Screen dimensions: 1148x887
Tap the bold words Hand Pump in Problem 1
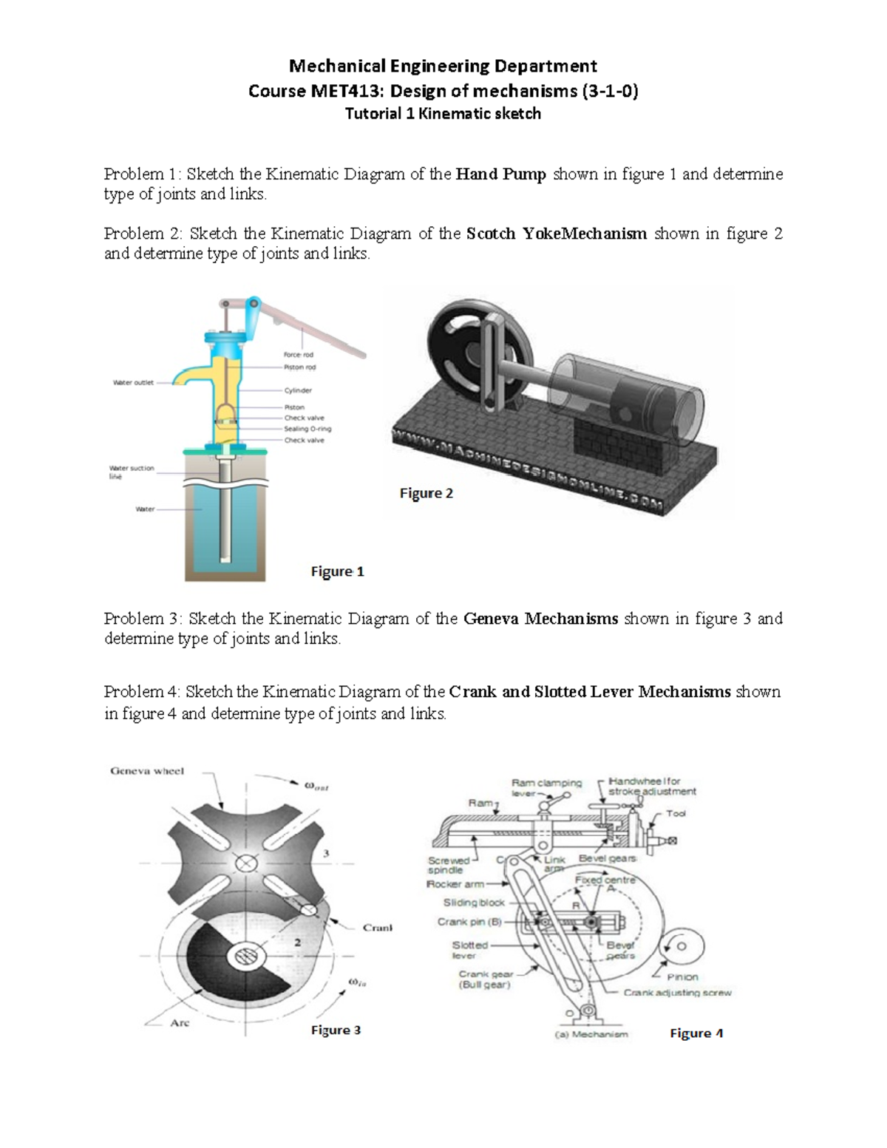click(x=500, y=174)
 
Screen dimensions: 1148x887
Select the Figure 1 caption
click(x=337, y=571)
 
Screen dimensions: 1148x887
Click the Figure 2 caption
click(x=426, y=493)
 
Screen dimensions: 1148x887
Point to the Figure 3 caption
click(x=336, y=1030)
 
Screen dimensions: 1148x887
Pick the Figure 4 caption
click(x=696, y=1033)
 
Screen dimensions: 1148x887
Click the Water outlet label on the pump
click(x=133, y=383)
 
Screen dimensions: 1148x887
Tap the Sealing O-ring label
click(x=307, y=429)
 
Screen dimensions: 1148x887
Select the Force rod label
click(x=299, y=355)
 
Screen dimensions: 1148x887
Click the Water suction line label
click(x=131, y=472)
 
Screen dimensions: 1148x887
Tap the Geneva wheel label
click(x=147, y=771)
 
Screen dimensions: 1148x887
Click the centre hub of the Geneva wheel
click(x=245, y=863)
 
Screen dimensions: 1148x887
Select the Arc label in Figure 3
click(x=180, y=1023)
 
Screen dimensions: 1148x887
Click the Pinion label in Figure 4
click(x=682, y=977)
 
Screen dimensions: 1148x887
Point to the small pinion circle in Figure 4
click(x=682, y=945)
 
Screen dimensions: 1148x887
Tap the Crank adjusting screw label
click(x=677, y=993)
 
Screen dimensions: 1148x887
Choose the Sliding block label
click(x=474, y=903)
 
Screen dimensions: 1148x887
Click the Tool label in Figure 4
click(x=676, y=813)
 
